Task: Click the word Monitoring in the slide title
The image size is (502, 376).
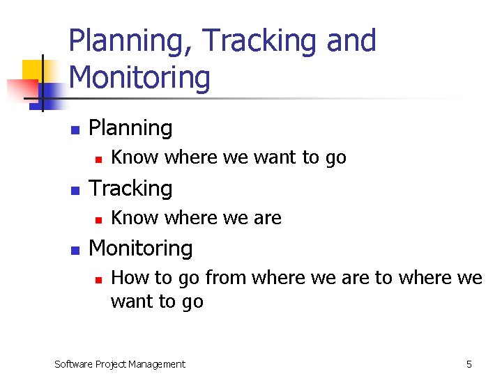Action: [139, 77]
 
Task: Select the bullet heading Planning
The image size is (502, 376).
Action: [130, 128]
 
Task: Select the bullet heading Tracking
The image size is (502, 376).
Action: [130, 189]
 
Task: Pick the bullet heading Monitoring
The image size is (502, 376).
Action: [141, 249]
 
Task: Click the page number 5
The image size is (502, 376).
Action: [469, 363]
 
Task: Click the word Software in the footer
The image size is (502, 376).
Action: [74, 363]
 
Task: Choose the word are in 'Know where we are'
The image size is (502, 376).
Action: [268, 219]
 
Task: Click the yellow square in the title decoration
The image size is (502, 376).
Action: [32, 70]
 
